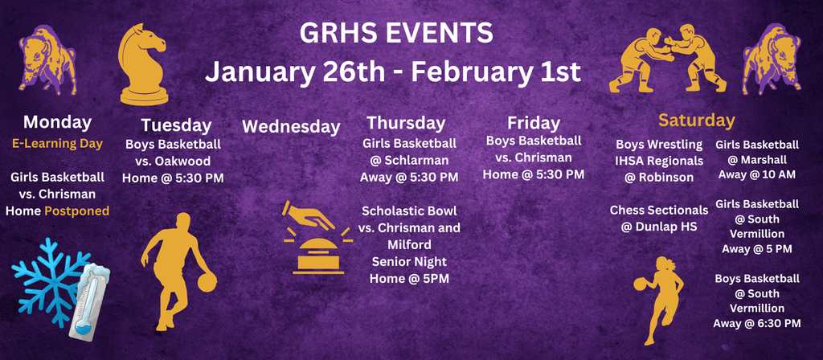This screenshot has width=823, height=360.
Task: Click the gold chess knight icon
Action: [143, 64]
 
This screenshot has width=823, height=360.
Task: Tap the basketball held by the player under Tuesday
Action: [207, 282]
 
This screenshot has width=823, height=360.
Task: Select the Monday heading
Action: [57, 122]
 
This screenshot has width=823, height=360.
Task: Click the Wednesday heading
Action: [291, 126]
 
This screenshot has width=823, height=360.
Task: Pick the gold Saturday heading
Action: [696, 121]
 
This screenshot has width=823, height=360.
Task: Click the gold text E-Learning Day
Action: [57, 144]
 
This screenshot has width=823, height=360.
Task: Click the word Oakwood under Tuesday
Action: [190, 162]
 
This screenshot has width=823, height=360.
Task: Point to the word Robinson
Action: [666, 176]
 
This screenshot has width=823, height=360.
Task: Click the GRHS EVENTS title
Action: [395, 33]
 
